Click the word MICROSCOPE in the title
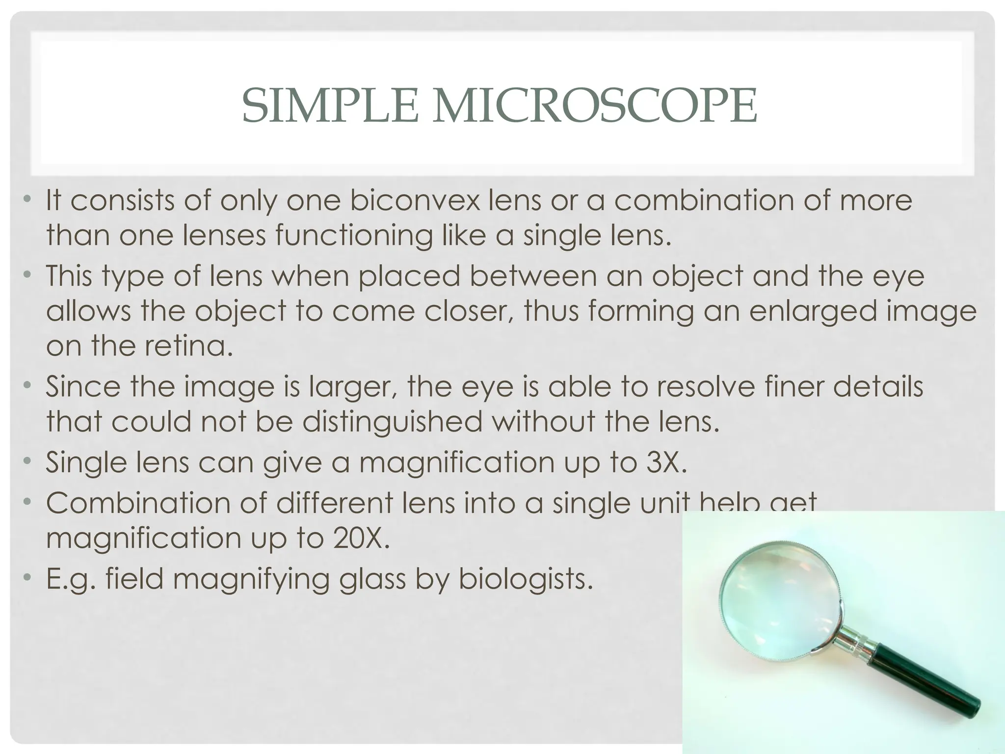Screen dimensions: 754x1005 pyautogui.click(x=594, y=106)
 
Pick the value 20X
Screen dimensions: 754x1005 pyautogui.click(x=361, y=538)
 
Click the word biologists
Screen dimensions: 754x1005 pyautogui.click(x=526, y=579)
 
